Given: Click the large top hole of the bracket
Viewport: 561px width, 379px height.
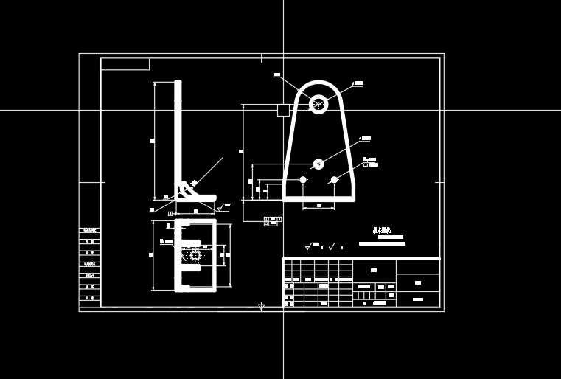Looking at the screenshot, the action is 318,104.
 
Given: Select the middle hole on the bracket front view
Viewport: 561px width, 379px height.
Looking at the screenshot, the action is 318,164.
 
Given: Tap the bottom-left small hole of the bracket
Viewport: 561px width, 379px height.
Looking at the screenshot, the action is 302,179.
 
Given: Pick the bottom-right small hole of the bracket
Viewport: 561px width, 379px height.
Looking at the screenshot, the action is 334,179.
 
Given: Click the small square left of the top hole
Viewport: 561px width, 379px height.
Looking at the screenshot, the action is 283,110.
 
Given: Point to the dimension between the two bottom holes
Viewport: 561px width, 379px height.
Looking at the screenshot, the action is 318,206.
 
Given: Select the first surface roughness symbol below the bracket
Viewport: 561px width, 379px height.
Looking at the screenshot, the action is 308,246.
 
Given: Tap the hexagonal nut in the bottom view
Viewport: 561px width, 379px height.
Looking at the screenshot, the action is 195,255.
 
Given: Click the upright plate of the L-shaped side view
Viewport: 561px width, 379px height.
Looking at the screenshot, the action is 178,136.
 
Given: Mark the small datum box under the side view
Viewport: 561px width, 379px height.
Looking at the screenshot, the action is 170,213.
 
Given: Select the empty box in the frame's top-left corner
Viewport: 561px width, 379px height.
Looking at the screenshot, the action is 125,63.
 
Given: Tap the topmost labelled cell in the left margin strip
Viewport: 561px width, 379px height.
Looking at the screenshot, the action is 90,231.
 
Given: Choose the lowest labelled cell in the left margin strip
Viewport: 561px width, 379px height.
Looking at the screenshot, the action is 90,298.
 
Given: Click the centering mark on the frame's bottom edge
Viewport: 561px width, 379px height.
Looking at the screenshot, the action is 261,306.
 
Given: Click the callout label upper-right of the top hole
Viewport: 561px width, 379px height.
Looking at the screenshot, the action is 358,83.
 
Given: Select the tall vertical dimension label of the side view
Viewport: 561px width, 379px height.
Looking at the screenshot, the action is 153,140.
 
